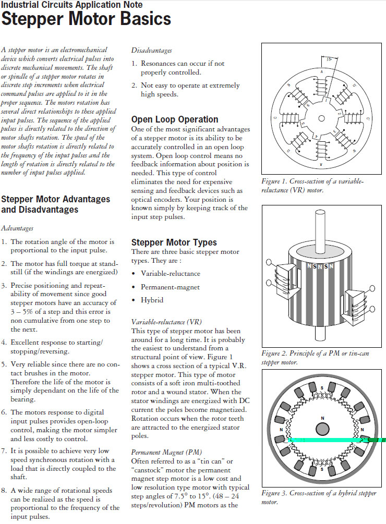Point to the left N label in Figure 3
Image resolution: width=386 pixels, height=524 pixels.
click(x=282, y=430)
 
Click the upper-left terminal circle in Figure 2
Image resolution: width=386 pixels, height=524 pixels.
click(x=268, y=262)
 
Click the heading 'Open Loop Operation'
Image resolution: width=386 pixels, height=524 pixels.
click(x=175, y=119)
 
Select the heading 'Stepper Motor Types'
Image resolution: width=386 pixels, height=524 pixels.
click(x=174, y=242)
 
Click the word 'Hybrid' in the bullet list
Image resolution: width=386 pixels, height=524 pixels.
click(x=152, y=300)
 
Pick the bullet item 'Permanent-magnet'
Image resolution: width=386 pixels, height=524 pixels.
click(x=170, y=287)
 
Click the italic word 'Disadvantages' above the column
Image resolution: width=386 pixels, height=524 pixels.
click(x=151, y=51)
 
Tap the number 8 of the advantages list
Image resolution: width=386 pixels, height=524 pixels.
click(x=4, y=490)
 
